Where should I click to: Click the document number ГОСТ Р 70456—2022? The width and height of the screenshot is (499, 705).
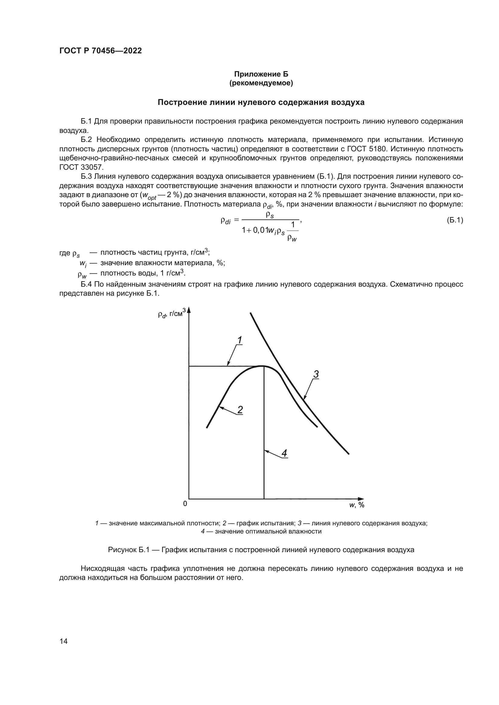(x=100, y=51)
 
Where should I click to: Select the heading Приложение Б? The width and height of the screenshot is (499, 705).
(x=261, y=74)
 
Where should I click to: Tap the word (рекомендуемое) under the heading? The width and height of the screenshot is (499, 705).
(x=261, y=83)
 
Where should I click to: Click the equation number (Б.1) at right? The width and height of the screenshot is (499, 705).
(x=454, y=220)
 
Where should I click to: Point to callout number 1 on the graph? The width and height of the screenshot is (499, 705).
(x=240, y=340)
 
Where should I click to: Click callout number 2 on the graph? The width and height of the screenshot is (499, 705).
(x=240, y=410)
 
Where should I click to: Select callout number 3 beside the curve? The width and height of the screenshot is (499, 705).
(x=316, y=374)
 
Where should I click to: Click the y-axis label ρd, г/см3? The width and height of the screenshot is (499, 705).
(x=171, y=313)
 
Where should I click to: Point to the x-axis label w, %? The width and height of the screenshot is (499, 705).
(x=356, y=505)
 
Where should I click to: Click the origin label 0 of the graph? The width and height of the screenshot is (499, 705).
(x=185, y=504)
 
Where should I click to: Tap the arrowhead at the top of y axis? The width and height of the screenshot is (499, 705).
(x=189, y=310)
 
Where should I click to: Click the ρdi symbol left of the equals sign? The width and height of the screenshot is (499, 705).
(x=226, y=221)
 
